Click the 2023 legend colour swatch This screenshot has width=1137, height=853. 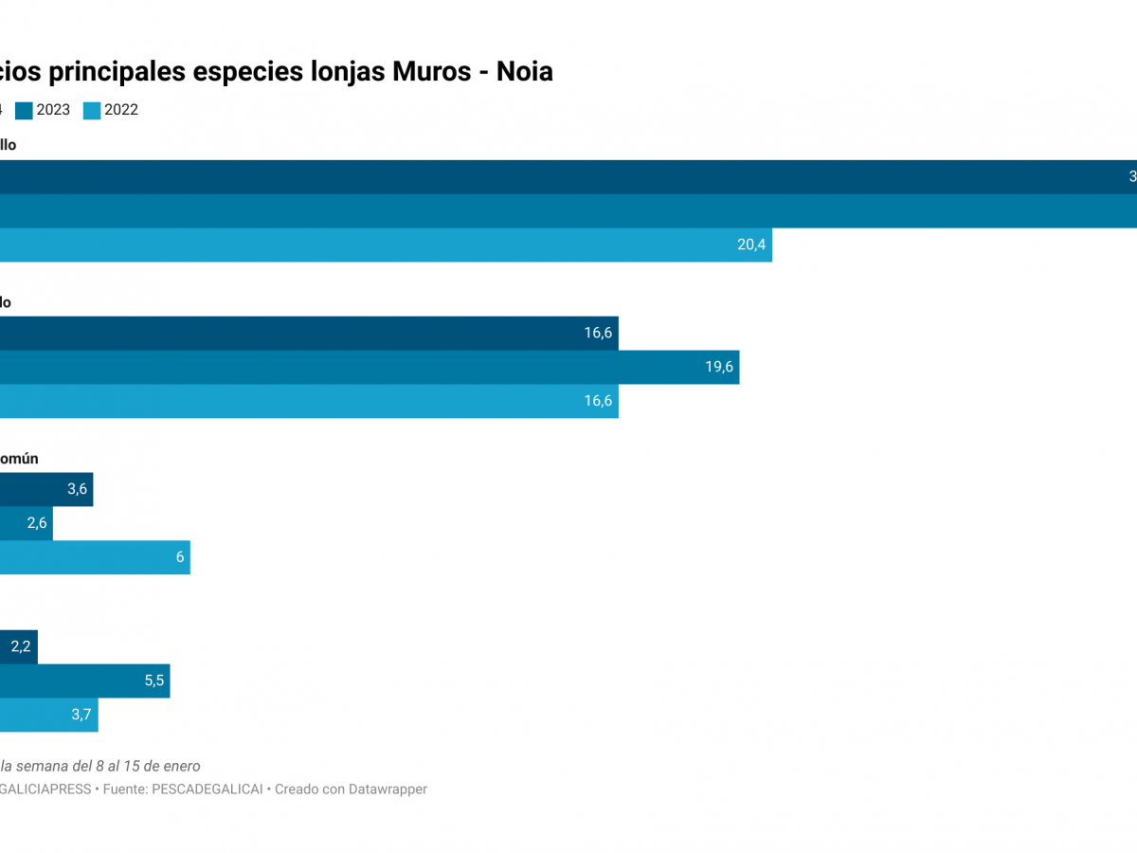pyautogui.click(x=24, y=110)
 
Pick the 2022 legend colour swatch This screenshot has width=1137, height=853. pyautogui.click(x=92, y=110)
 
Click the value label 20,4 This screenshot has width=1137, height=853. pyautogui.click(x=750, y=245)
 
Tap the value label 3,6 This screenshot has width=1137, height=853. pyautogui.click(x=77, y=489)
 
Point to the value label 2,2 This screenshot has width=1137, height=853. pyautogui.click(x=21, y=646)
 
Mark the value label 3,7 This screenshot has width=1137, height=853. pyautogui.click(x=81, y=715)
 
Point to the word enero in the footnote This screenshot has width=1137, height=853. pyautogui.click(x=180, y=766)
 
